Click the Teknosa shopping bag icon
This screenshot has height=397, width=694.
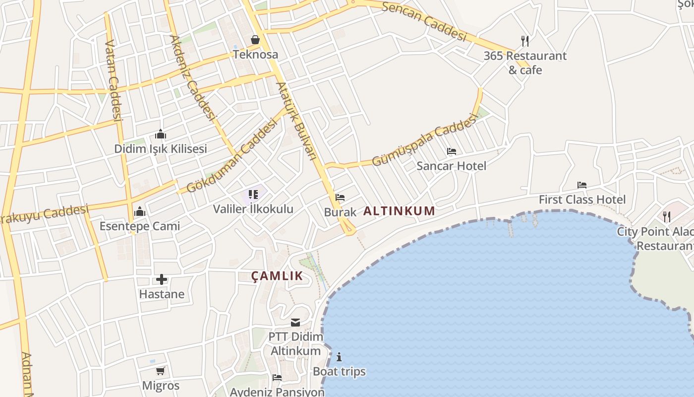tap(255, 40)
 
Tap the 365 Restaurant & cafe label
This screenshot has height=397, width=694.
tap(525, 63)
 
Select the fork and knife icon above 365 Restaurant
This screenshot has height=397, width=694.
tap(525, 41)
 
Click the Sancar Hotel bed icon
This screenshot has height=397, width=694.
tap(451, 151)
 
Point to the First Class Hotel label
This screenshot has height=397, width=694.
tap(582, 199)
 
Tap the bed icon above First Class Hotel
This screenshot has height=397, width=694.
tap(582, 185)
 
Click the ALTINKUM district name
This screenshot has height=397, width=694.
tap(399, 211)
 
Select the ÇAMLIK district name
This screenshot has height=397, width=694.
tap(277, 276)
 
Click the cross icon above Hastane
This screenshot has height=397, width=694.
tap(162, 279)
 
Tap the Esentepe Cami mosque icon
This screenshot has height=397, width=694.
tap(140, 212)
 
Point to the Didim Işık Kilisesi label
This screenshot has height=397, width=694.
tap(161, 149)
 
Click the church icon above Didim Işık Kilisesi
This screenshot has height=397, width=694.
tap(161, 134)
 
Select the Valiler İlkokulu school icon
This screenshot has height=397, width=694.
tap(253, 194)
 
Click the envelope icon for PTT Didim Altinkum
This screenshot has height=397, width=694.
tap(295, 323)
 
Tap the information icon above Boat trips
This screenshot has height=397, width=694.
tap(339, 357)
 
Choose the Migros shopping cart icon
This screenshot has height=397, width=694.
tap(160, 371)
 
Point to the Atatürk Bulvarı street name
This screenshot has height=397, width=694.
tap(296, 121)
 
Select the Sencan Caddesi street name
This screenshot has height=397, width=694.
tap(425, 21)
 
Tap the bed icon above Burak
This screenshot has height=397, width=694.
tap(340, 198)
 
